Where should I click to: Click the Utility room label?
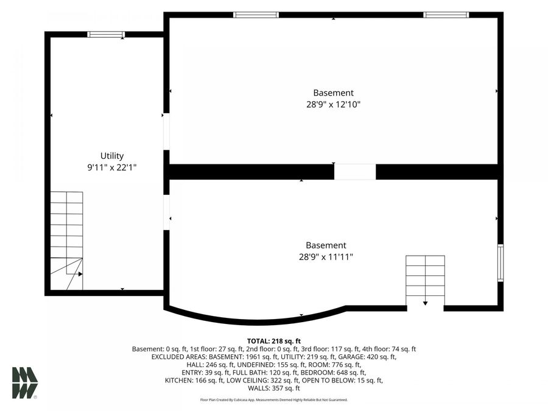112,156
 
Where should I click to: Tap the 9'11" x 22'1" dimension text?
112,167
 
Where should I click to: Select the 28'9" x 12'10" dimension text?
334,104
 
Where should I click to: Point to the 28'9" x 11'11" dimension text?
326,257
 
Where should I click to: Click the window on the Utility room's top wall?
106,34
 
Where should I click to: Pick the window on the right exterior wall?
501,262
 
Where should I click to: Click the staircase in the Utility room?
66,241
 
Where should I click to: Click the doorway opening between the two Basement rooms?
355,172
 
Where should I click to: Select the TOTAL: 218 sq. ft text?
274,341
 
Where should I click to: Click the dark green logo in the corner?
25,383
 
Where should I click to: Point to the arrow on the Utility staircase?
74,274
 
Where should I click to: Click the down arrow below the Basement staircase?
425,303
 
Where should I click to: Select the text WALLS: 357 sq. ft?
274,388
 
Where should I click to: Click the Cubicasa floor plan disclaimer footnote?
274,400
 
